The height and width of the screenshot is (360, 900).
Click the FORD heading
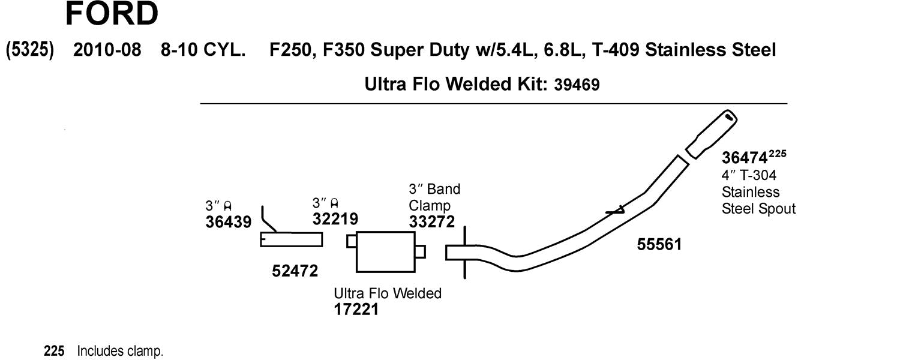coord(112,14)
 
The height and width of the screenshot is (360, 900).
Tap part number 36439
coord(228,222)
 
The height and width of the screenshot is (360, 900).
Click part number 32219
coord(335,219)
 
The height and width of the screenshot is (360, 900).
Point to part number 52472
coord(295,271)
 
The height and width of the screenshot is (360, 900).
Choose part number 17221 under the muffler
coord(356,310)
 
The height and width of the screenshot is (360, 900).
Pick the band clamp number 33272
coord(431,221)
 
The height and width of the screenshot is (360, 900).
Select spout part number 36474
coord(745,158)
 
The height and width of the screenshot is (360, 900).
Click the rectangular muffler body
coord(385,252)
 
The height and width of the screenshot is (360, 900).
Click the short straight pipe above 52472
coord(291,240)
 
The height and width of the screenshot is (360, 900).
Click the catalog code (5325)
coord(30,50)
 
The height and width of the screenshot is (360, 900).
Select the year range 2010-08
coord(107,50)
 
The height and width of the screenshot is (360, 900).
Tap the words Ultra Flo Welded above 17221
coord(387,293)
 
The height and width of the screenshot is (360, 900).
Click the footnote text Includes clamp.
coord(120,351)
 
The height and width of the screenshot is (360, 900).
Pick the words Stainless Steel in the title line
coord(710,50)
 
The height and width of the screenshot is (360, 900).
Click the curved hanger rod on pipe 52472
coord(266,220)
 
